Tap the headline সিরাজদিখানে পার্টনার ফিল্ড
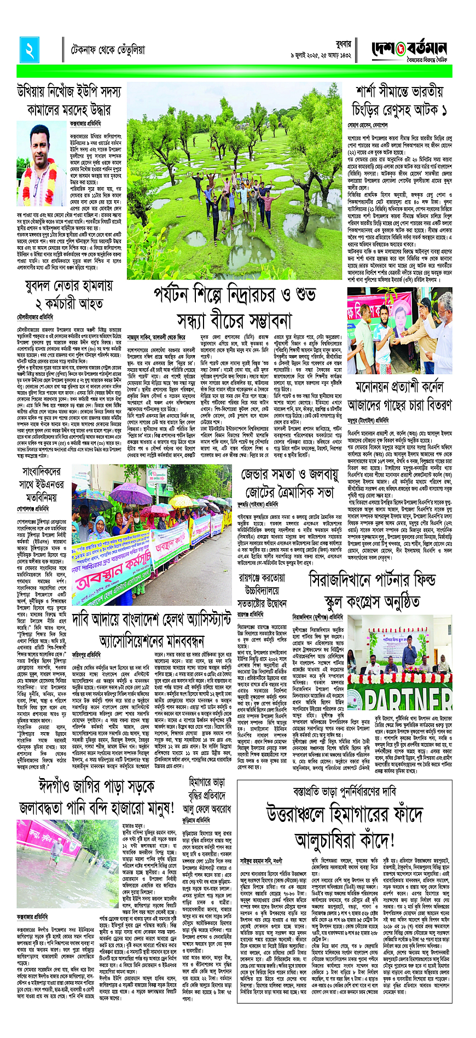pyautogui.click(x=372, y=581)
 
